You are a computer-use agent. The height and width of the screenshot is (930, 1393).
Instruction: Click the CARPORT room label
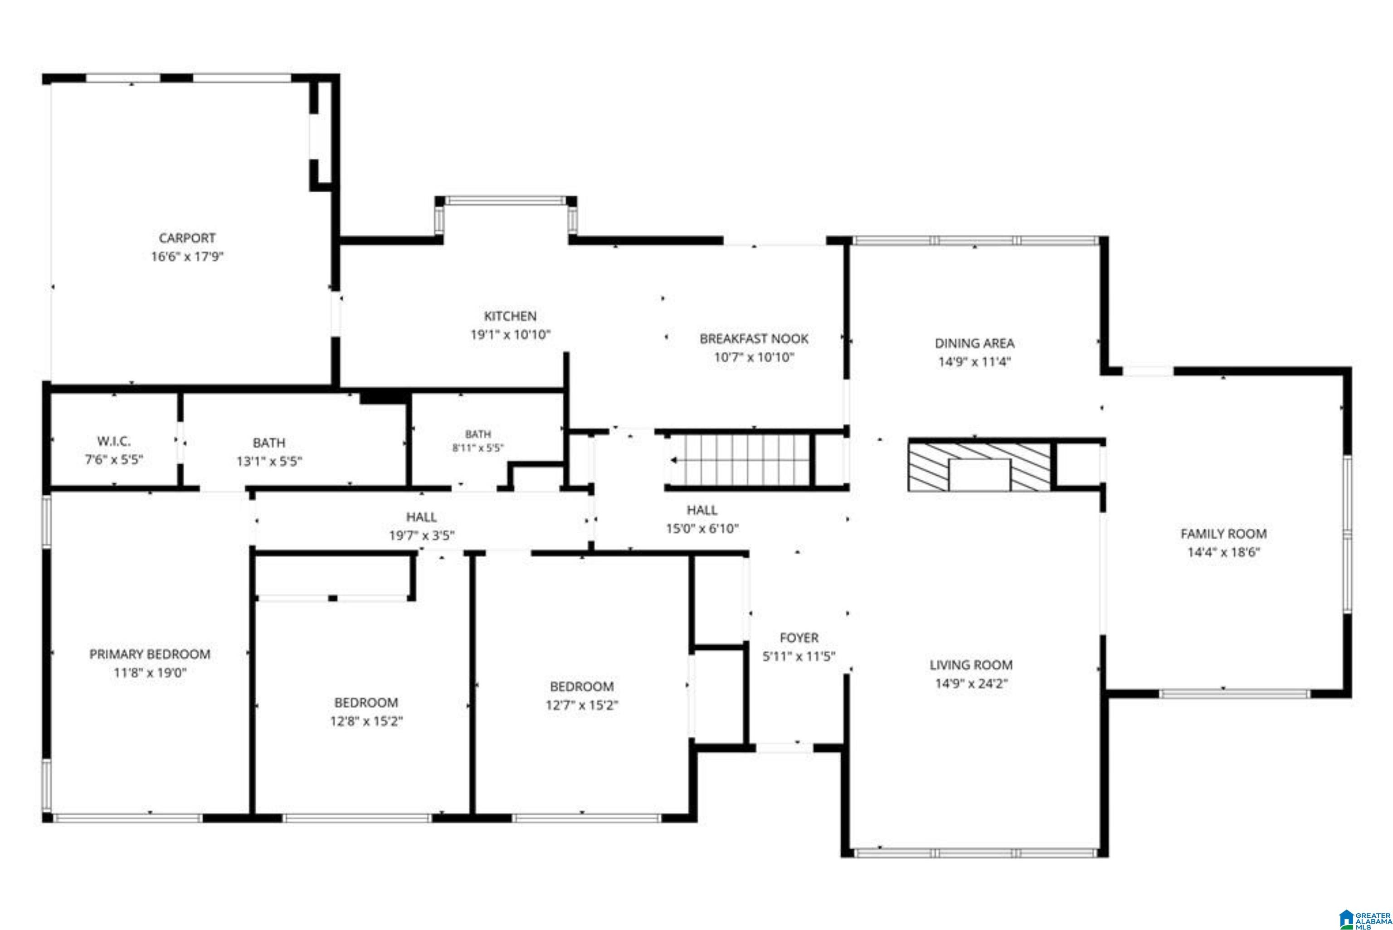187,238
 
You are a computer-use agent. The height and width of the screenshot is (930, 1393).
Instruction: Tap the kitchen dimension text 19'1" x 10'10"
511,335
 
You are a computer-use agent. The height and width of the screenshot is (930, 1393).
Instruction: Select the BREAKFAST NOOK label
754,339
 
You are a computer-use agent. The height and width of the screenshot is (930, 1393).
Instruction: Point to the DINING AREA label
974,343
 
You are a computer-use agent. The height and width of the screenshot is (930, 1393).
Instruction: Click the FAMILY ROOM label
1223,534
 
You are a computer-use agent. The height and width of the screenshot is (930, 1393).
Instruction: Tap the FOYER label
799,638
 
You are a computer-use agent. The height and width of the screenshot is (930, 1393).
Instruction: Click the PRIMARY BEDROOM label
150,654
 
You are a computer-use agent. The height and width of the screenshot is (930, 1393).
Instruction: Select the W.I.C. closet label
113,441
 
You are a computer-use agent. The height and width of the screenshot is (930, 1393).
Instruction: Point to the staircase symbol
740,460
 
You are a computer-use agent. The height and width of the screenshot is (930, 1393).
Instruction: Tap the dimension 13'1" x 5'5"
269,462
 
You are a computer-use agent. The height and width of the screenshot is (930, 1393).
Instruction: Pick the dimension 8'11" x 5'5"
478,448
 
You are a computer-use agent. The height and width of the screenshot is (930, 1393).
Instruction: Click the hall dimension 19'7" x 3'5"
422,536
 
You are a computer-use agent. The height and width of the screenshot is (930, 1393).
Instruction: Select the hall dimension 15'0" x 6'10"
702,528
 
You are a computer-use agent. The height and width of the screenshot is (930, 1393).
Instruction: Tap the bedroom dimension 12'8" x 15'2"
366,721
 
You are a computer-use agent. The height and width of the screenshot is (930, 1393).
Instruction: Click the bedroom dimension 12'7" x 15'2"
582,705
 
